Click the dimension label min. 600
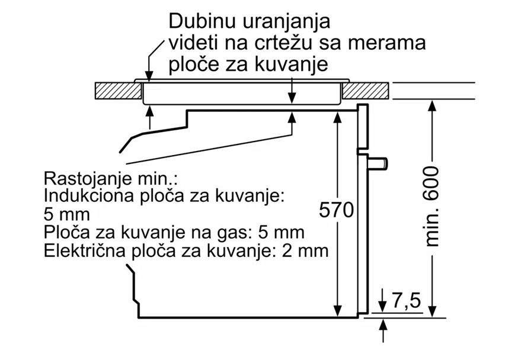(431, 207)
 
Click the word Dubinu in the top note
(202, 22)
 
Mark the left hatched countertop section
(118, 90)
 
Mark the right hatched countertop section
(366, 90)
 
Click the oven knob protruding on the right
(378, 161)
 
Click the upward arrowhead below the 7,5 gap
(383, 323)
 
